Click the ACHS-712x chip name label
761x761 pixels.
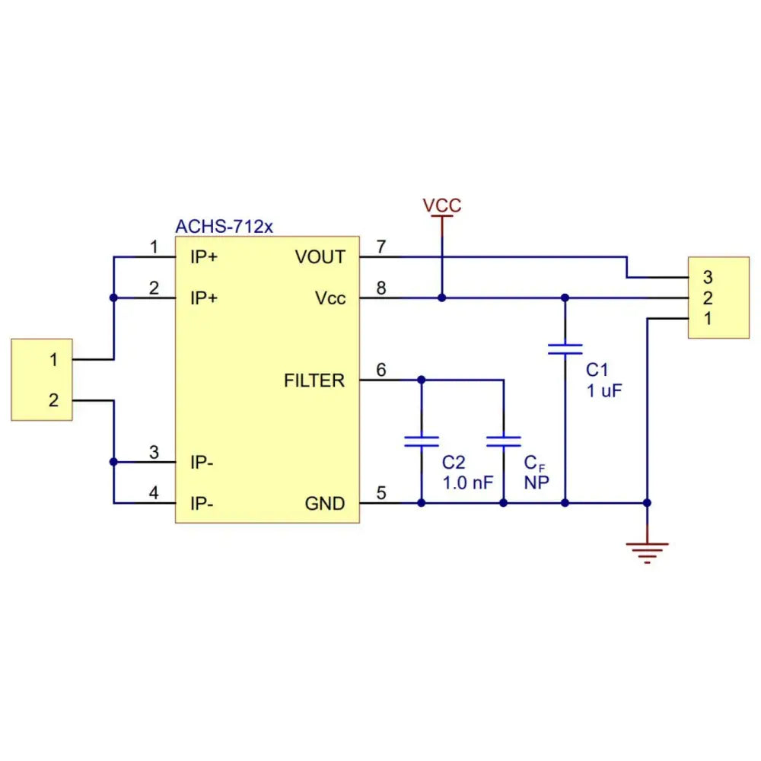[224, 226]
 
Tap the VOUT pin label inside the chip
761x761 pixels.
[320, 257]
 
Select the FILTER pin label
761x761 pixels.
[314, 380]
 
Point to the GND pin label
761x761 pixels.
[325, 504]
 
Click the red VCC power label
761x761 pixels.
[442, 205]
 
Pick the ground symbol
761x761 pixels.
[647, 552]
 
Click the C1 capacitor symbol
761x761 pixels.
[565, 349]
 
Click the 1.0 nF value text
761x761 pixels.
[468, 482]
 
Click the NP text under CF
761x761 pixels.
[537, 482]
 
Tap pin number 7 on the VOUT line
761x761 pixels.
[381, 247]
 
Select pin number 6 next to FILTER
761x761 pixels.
[381, 370]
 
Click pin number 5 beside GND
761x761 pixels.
[381, 493]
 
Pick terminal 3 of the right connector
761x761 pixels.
[708, 277]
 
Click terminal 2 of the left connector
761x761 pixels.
[53, 400]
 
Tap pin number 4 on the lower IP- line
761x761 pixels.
[154, 493]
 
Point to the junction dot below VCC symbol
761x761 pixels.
[442, 298]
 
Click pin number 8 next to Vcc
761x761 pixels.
[381, 288]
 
